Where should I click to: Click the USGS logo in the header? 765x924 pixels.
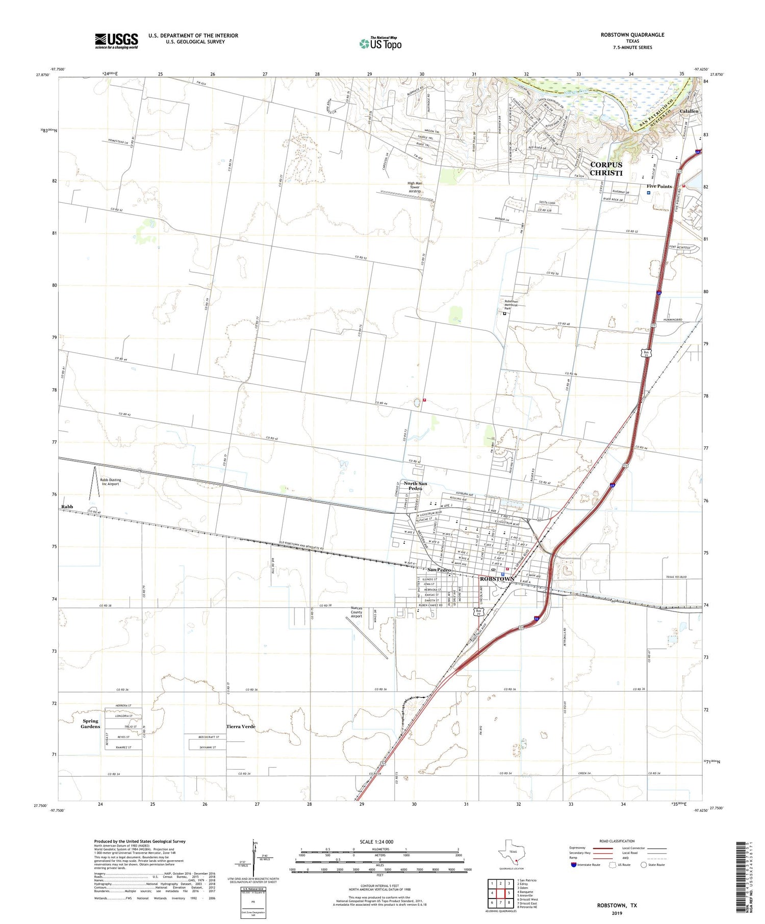[x=116, y=41]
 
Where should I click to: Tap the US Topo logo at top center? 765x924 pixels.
[x=380, y=43]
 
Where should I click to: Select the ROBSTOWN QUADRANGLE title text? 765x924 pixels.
[x=632, y=35]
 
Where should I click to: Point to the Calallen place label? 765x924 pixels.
[x=688, y=111]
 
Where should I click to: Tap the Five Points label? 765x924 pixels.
[x=659, y=186]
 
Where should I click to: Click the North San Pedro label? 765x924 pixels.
[x=415, y=486]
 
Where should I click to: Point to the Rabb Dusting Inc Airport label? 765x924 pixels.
[x=110, y=482]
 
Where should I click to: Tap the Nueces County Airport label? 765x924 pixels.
[x=356, y=612]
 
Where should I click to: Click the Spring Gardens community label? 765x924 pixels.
[x=90, y=724]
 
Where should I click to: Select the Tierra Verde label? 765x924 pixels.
[x=241, y=726]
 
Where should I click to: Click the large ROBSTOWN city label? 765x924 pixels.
[x=497, y=579]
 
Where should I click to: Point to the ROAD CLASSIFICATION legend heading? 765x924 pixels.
[x=617, y=841]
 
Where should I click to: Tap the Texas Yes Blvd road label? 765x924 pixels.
[x=676, y=577]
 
